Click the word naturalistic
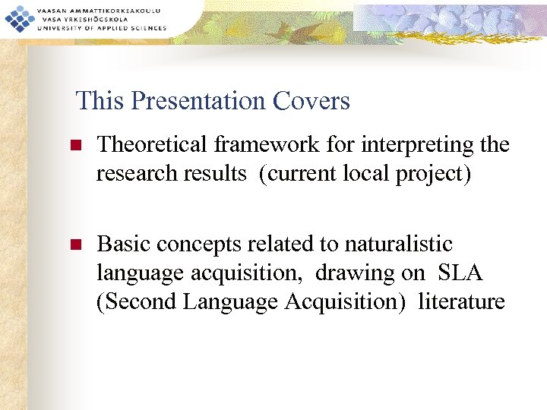398,244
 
